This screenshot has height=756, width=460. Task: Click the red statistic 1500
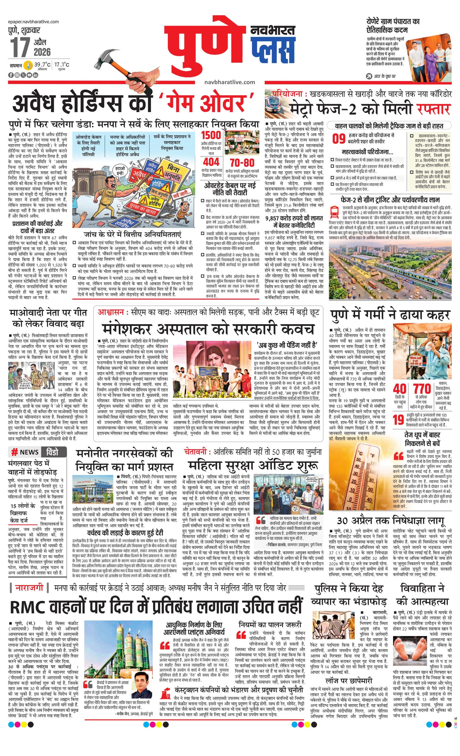[x=211, y=135]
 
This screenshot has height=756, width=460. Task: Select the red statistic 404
[x=211, y=162]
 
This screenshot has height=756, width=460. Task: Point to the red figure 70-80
[x=242, y=163]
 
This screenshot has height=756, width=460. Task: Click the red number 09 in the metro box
[x=339, y=139]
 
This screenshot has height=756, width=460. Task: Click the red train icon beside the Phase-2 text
[x=334, y=212]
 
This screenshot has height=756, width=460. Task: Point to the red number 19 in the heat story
[x=398, y=419]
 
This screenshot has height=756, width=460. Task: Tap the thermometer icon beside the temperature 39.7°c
[x=29, y=65]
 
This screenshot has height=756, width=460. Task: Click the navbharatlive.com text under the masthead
[x=230, y=82]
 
